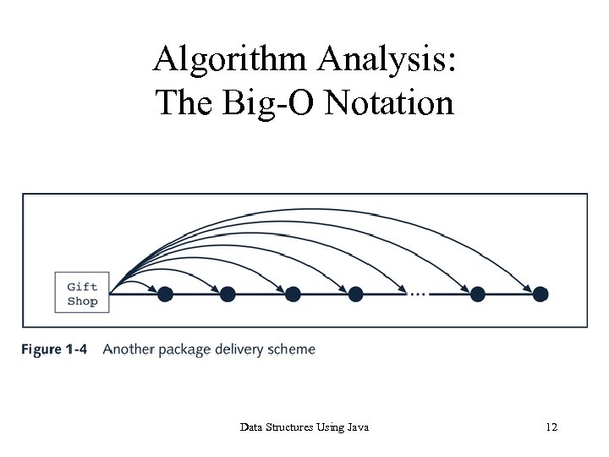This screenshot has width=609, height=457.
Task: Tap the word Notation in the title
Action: (x=390, y=103)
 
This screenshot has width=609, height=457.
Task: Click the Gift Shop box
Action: (x=82, y=294)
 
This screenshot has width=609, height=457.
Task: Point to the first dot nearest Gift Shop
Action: (x=165, y=294)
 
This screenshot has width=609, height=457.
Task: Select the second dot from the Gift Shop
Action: (x=228, y=294)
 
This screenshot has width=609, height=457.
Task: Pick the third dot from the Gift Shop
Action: (x=293, y=294)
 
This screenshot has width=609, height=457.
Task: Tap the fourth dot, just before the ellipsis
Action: (x=356, y=294)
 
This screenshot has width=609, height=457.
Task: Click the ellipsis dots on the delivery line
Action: (x=417, y=294)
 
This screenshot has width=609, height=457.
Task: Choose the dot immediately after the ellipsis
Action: (x=478, y=294)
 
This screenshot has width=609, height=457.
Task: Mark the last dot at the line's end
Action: (x=540, y=294)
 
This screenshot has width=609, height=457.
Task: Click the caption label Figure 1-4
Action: (x=54, y=350)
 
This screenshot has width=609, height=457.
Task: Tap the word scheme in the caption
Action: (x=294, y=350)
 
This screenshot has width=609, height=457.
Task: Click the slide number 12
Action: (x=551, y=427)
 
